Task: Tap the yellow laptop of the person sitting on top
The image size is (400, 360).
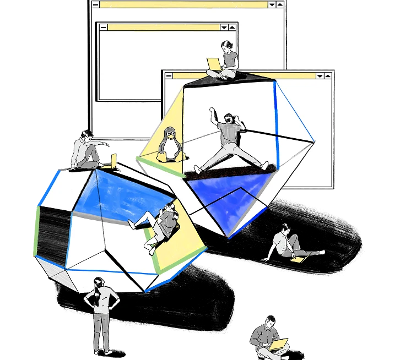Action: [x=213, y=64]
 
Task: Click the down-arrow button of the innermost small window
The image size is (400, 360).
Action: [x=224, y=27]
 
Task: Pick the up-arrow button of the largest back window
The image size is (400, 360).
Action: [x=280, y=4]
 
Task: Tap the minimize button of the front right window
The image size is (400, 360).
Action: [x=169, y=75]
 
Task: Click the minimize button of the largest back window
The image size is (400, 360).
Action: [x=96, y=4]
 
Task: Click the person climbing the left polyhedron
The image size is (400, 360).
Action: [x=160, y=223]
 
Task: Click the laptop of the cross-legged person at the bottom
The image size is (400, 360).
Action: [x=279, y=345]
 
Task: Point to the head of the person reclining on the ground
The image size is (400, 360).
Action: [x=284, y=228]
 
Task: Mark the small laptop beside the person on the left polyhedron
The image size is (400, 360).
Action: [x=114, y=161]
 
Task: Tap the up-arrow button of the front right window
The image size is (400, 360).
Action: [x=329, y=75]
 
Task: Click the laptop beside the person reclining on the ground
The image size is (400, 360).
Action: [x=298, y=258]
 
